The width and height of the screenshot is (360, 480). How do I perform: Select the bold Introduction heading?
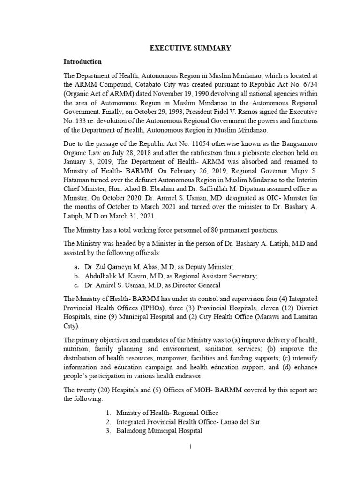pyautogui.click(x=82, y=62)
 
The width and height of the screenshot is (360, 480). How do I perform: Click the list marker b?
pyautogui.click(x=69, y=276)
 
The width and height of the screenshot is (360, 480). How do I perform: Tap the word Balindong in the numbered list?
pyautogui.click(x=133, y=431)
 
